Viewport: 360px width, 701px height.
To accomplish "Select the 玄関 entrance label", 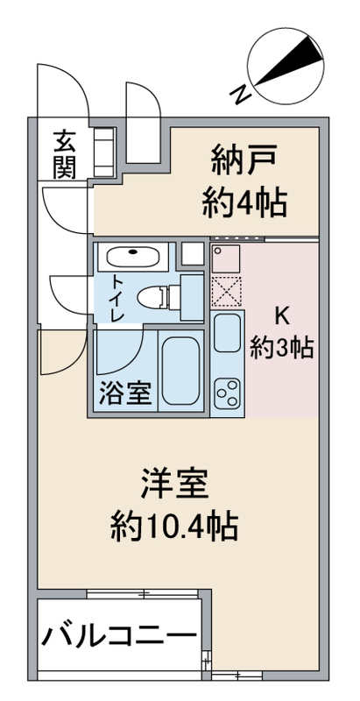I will (64, 153).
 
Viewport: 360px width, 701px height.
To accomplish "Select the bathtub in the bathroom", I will (180, 371).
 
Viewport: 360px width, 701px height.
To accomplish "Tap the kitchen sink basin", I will (227, 336).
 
